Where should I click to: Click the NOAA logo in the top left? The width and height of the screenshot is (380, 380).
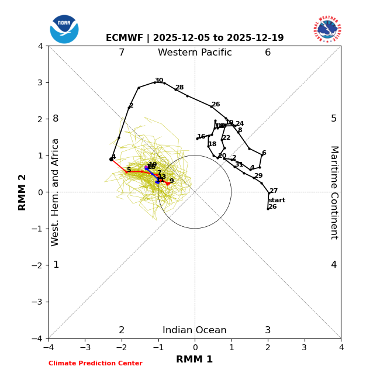coord(64,29)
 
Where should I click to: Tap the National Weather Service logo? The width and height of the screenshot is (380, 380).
coord(327,29)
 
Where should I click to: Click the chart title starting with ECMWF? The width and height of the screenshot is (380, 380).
coord(195,38)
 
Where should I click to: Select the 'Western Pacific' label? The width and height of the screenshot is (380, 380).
coord(195,53)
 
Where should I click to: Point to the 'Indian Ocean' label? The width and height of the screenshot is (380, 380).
coord(195,330)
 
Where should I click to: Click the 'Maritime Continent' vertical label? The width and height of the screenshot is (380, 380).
coord(334,192)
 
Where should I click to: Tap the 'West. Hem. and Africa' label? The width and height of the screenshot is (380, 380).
coord(56,192)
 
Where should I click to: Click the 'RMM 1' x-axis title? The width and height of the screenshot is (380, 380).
coord(195,360)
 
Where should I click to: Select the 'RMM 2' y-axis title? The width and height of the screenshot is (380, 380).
coord(23,192)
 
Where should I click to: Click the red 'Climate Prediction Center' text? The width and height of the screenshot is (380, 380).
coord(95,364)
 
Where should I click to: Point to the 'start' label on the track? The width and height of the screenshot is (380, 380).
coord(277,201)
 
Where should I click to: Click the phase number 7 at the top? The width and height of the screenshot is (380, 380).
coord(122,53)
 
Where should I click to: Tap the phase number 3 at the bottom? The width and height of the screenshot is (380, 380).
coord(268,330)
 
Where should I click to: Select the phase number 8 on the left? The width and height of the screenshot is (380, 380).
coord(56,119)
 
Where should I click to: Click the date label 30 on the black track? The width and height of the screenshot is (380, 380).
coord(159,81)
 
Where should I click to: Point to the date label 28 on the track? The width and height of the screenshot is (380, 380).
coord(179,88)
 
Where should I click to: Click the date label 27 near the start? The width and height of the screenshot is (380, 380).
coord(274,191)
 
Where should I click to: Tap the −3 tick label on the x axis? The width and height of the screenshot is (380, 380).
coord(85,347)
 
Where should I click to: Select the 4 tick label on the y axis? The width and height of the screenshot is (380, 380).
coord(40,46)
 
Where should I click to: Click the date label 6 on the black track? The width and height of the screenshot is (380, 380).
coord(264,153)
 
